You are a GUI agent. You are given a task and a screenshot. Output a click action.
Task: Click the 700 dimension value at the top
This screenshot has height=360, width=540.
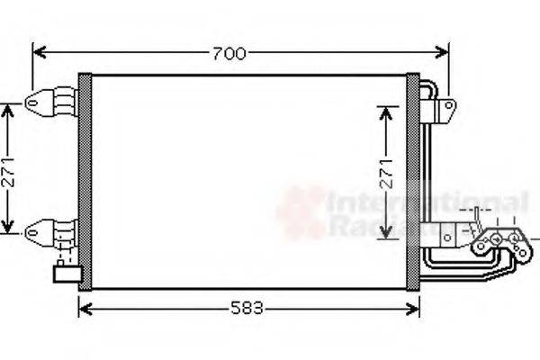click(x=229, y=54)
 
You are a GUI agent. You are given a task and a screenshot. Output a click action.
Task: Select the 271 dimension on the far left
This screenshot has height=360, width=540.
click(x=8, y=168)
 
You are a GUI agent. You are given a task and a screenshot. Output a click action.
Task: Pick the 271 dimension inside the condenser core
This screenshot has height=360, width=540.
click(x=386, y=172)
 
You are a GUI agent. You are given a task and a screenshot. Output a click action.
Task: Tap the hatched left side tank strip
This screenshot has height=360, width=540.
click(x=85, y=180)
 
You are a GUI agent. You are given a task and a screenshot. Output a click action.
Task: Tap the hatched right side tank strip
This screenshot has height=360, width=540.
click(x=413, y=180)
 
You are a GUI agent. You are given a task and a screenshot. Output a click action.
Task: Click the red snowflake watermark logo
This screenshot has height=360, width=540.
click(x=301, y=212)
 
